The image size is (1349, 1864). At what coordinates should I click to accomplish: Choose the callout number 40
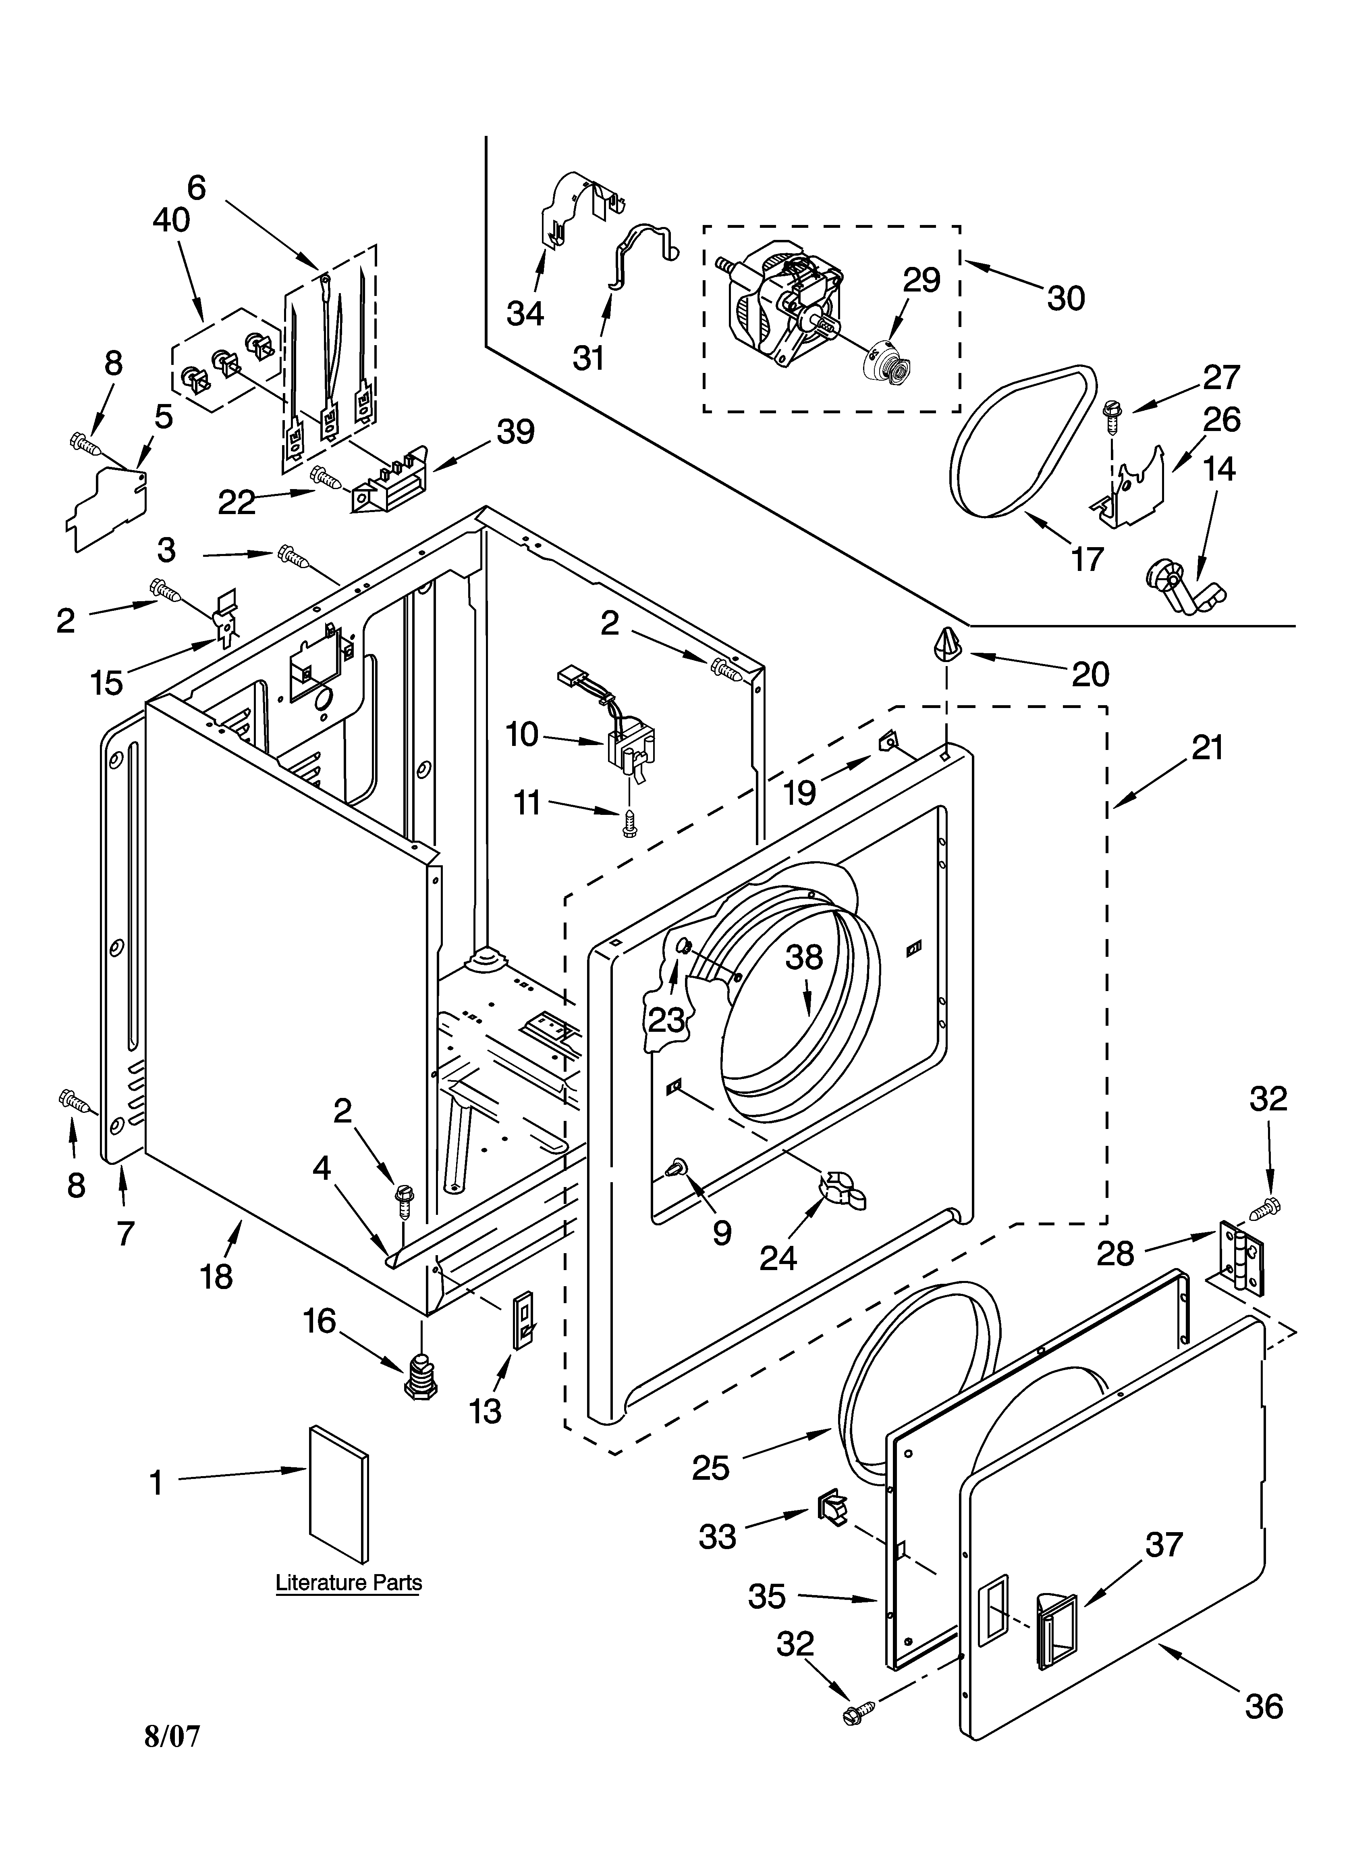(172, 220)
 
